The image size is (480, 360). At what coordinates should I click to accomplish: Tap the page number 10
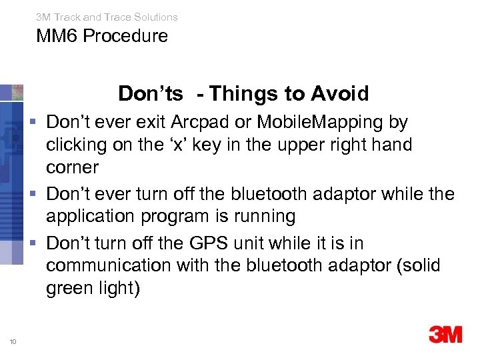pyautogui.click(x=13, y=341)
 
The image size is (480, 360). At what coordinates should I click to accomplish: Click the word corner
pyautogui.click(x=72, y=167)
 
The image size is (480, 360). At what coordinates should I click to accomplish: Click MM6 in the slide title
pyautogui.click(x=55, y=36)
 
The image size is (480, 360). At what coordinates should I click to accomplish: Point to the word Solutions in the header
pyautogui.click(x=155, y=17)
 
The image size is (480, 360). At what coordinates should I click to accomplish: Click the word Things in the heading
pyautogui.click(x=245, y=94)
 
